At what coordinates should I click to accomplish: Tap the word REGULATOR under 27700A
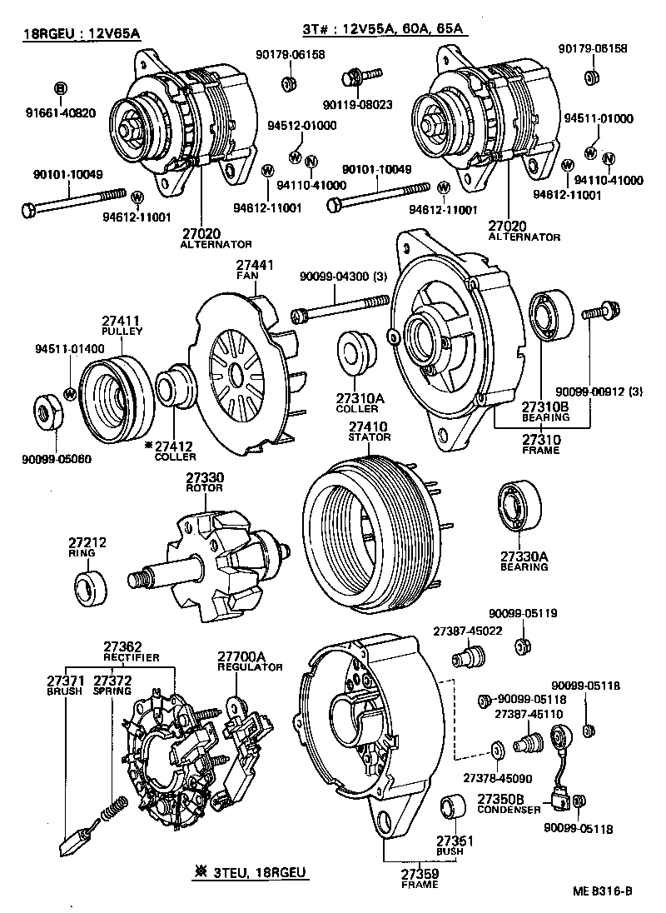click(x=250, y=667)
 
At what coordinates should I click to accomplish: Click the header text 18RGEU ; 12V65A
click(x=81, y=34)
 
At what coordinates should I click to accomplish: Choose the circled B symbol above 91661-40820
click(x=60, y=87)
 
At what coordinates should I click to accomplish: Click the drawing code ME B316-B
click(x=603, y=891)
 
